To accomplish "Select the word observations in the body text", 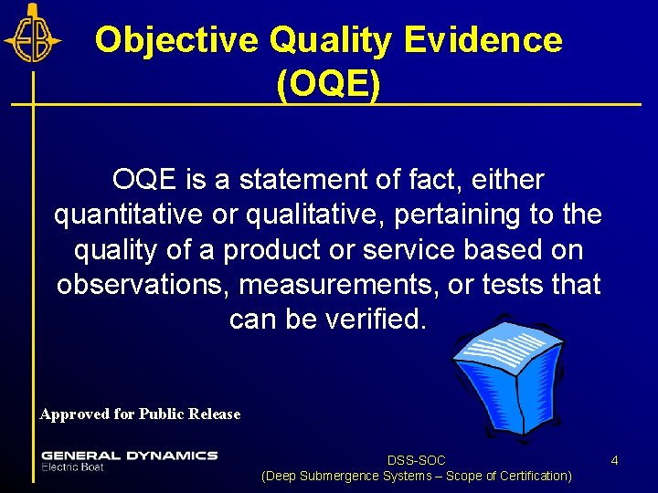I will point(143,285).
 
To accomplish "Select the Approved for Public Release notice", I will point(140,414).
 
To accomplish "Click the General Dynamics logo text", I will point(129,455).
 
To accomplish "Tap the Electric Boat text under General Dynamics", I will point(73,467).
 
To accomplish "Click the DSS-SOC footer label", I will point(416,460).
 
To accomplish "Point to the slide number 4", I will point(614,460).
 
